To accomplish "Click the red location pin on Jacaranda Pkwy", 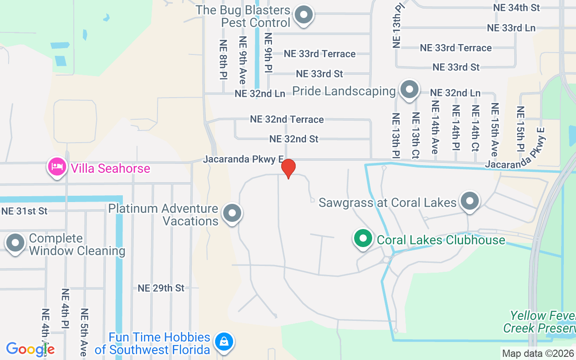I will coord(288,168).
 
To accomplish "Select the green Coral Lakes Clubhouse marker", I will coord(363,239).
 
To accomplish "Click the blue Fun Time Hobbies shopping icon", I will coord(224,342).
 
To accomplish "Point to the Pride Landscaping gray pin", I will coord(409,90).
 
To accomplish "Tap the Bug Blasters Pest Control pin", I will coord(304,15).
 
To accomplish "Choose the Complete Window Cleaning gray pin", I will coord(15,243).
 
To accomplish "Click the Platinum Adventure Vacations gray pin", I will coord(232,214).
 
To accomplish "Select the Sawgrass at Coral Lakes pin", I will coord(470,201).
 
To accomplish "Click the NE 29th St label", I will coord(161,288).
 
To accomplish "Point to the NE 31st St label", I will coord(24,211).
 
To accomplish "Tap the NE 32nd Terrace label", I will coord(287,119).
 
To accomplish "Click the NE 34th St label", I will coord(516,8).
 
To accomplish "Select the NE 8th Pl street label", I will coord(223,60).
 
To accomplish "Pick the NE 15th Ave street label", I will coord(495,130).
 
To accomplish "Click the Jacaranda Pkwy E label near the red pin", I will coord(243,159).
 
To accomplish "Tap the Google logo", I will coord(30,349).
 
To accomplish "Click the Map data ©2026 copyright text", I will coord(538,354).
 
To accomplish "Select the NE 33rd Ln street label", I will coord(511,28).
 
